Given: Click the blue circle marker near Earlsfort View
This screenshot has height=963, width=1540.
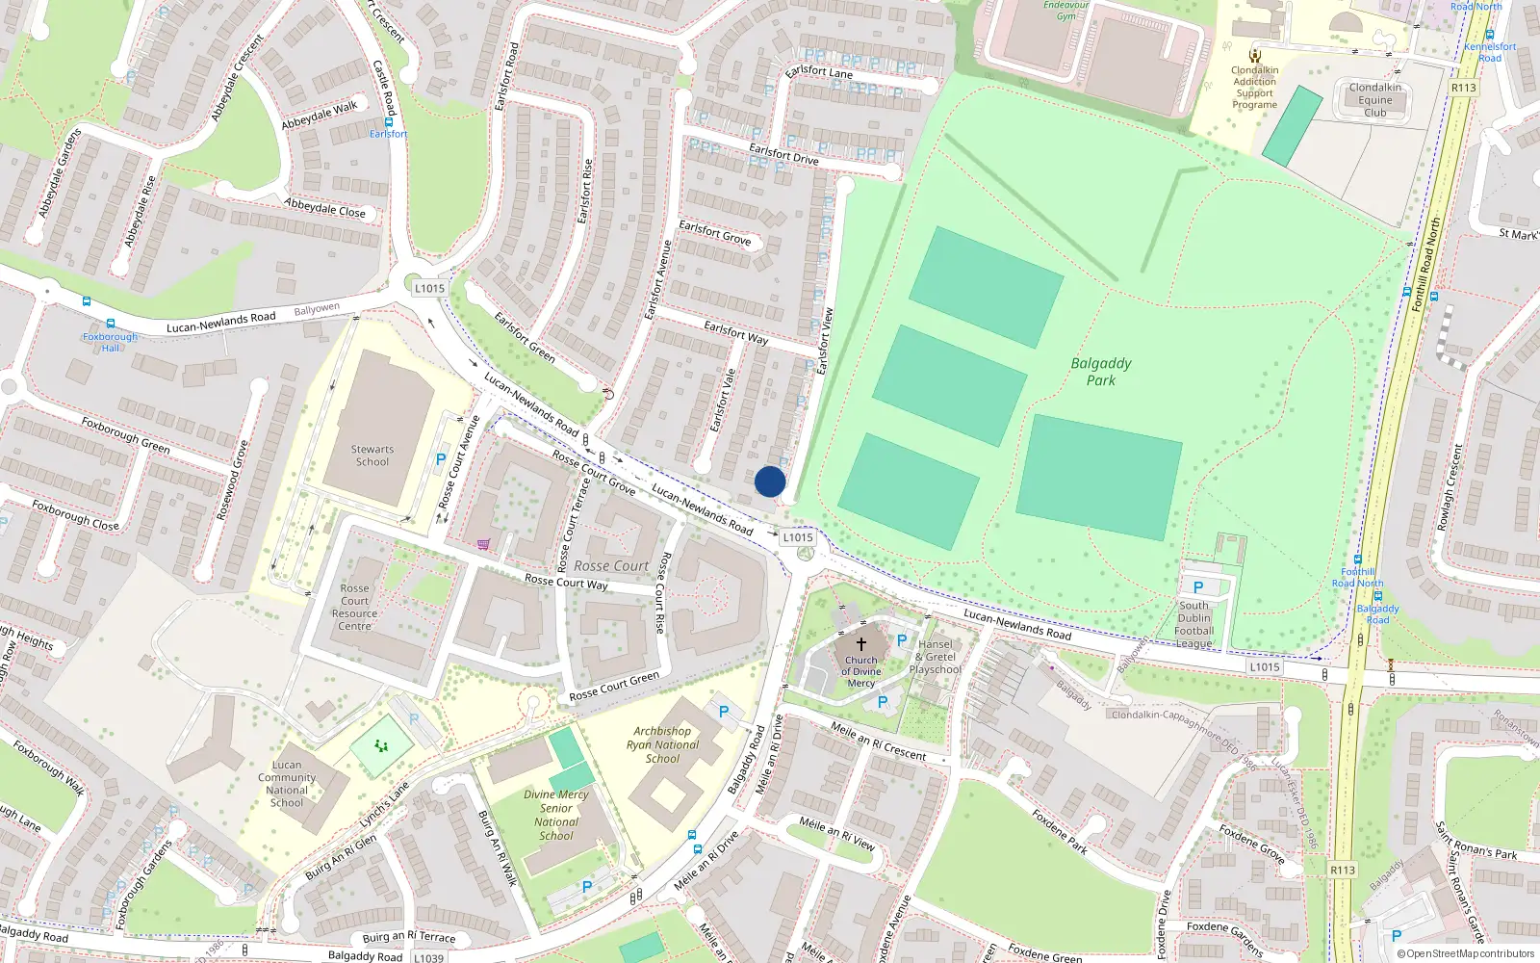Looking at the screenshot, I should tap(769, 481).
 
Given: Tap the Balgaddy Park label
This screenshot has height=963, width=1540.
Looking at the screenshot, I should tap(1101, 372).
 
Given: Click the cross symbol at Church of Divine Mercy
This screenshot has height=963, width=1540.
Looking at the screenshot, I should tap(860, 643).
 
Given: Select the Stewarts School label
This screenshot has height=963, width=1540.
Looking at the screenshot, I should tap(372, 455).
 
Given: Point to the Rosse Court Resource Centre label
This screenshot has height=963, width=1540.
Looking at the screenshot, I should tap(354, 608).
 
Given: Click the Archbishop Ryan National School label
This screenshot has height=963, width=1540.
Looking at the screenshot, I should tap(662, 744).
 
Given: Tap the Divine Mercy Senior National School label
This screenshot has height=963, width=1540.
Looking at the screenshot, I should tap(556, 815).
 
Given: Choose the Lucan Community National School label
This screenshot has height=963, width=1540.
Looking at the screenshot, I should tap(287, 784).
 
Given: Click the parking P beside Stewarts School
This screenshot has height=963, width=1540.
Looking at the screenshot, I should tap(441, 459).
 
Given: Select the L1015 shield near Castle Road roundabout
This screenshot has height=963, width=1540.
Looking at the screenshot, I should tap(429, 288).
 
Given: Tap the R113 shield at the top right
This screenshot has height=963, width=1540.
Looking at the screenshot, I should tap(1463, 88).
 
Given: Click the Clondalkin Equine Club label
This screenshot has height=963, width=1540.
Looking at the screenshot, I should tap(1374, 100).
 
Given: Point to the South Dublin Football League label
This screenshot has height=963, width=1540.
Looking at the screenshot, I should tap(1194, 625).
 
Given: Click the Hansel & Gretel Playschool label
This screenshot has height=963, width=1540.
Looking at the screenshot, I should tap(935, 657).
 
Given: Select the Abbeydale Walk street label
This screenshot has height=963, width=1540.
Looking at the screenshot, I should tap(319, 116).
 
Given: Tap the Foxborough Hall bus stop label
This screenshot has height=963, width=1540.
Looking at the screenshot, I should tap(110, 342).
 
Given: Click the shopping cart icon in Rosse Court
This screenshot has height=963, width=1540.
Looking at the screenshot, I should tap(483, 544).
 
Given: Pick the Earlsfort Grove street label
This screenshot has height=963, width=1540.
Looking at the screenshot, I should tap(715, 232).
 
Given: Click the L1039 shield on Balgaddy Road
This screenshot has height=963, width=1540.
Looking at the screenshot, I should tap(429, 957).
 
